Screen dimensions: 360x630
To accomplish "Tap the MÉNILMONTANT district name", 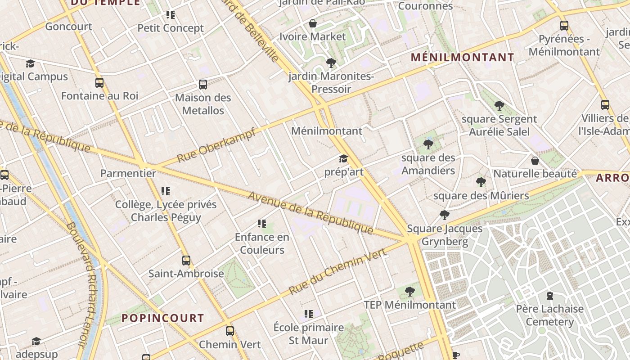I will (462, 58).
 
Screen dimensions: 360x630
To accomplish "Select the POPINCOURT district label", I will (162, 318).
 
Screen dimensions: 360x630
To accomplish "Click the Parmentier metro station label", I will (128, 173).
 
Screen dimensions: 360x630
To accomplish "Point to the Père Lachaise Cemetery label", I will (549, 315).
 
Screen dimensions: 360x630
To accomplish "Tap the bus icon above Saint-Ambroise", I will (186, 260).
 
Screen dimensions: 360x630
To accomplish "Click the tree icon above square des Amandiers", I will (428, 144).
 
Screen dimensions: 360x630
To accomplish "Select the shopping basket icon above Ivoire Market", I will (313, 23).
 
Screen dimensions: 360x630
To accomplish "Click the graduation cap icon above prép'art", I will (344, 159).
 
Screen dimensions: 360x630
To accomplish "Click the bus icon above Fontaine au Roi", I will (99, 83).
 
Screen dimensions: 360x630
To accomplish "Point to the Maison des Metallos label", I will (203, 104).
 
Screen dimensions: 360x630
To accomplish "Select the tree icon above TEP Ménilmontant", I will (409, 292).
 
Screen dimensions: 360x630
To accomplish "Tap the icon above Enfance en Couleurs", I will (262, 224).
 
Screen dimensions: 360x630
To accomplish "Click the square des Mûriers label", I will (481, 196).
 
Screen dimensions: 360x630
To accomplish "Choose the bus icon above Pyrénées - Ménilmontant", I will (564, 26).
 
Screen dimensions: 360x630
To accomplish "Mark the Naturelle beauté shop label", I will (535, 174).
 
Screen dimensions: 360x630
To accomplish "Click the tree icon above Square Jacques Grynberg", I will (445, 215).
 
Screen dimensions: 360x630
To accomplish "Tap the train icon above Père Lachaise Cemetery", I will (549, 296).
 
